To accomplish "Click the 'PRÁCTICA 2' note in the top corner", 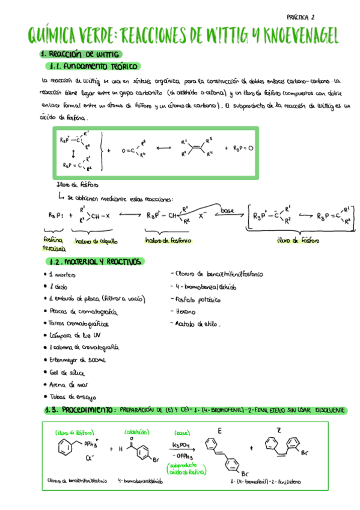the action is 305,17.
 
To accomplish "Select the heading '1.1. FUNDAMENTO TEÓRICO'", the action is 93,66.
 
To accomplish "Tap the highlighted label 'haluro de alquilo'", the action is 96,241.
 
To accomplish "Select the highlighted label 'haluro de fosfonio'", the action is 168,241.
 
